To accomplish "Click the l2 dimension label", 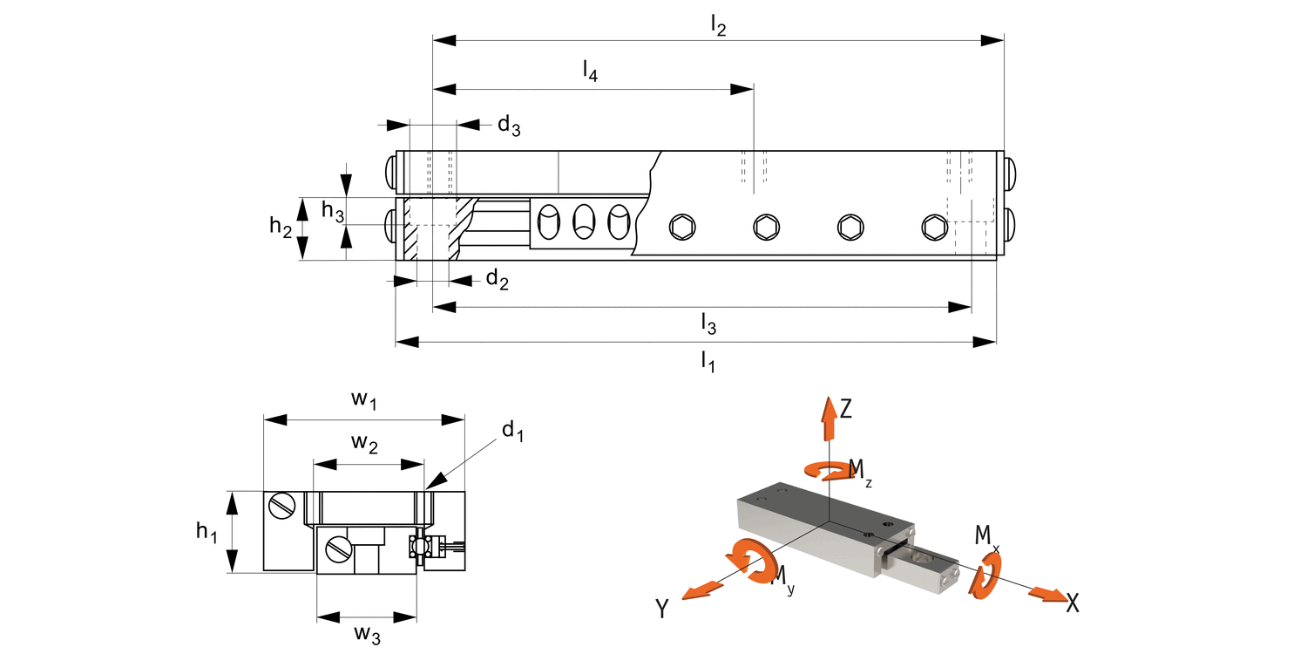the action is pyautogui.click(x=718, y=25).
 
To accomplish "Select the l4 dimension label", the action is pyautogui.click(x=590, y=71).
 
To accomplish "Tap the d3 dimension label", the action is pyautogui.click(x=509, y=125).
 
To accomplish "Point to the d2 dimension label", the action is pyautogui.click(x=498, y=279).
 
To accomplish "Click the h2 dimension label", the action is pyautogui.click(x=280, y=226).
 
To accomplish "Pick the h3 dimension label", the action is pyautogui.click(x=333, y=210).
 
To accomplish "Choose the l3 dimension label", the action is pyautogui.click(x=708, y=324).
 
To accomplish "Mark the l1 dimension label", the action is pyautogui.click(x=708, y=362).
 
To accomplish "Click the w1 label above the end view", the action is pyautogui.click(x=363, y=400).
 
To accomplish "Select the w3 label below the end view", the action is pyautogui.click(x=367, y=634).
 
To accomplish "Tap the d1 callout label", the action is pyautogui.click(x=513, y=432).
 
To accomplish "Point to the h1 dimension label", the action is pyautogui.click(x=207, y=532).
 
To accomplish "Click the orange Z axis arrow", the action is pyautogui.click(x=829, y=418).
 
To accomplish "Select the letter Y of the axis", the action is pyautogui.click(x=661, y=609).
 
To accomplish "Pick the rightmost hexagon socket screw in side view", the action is pyautogui.click(x=935, y=227).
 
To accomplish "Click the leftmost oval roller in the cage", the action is pyautogui.click(x=548, y=221).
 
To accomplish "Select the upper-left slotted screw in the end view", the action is pyautogui.click(x=282, y=506).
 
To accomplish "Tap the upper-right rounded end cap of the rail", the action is pyautogui.click(x=1011, y=173).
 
